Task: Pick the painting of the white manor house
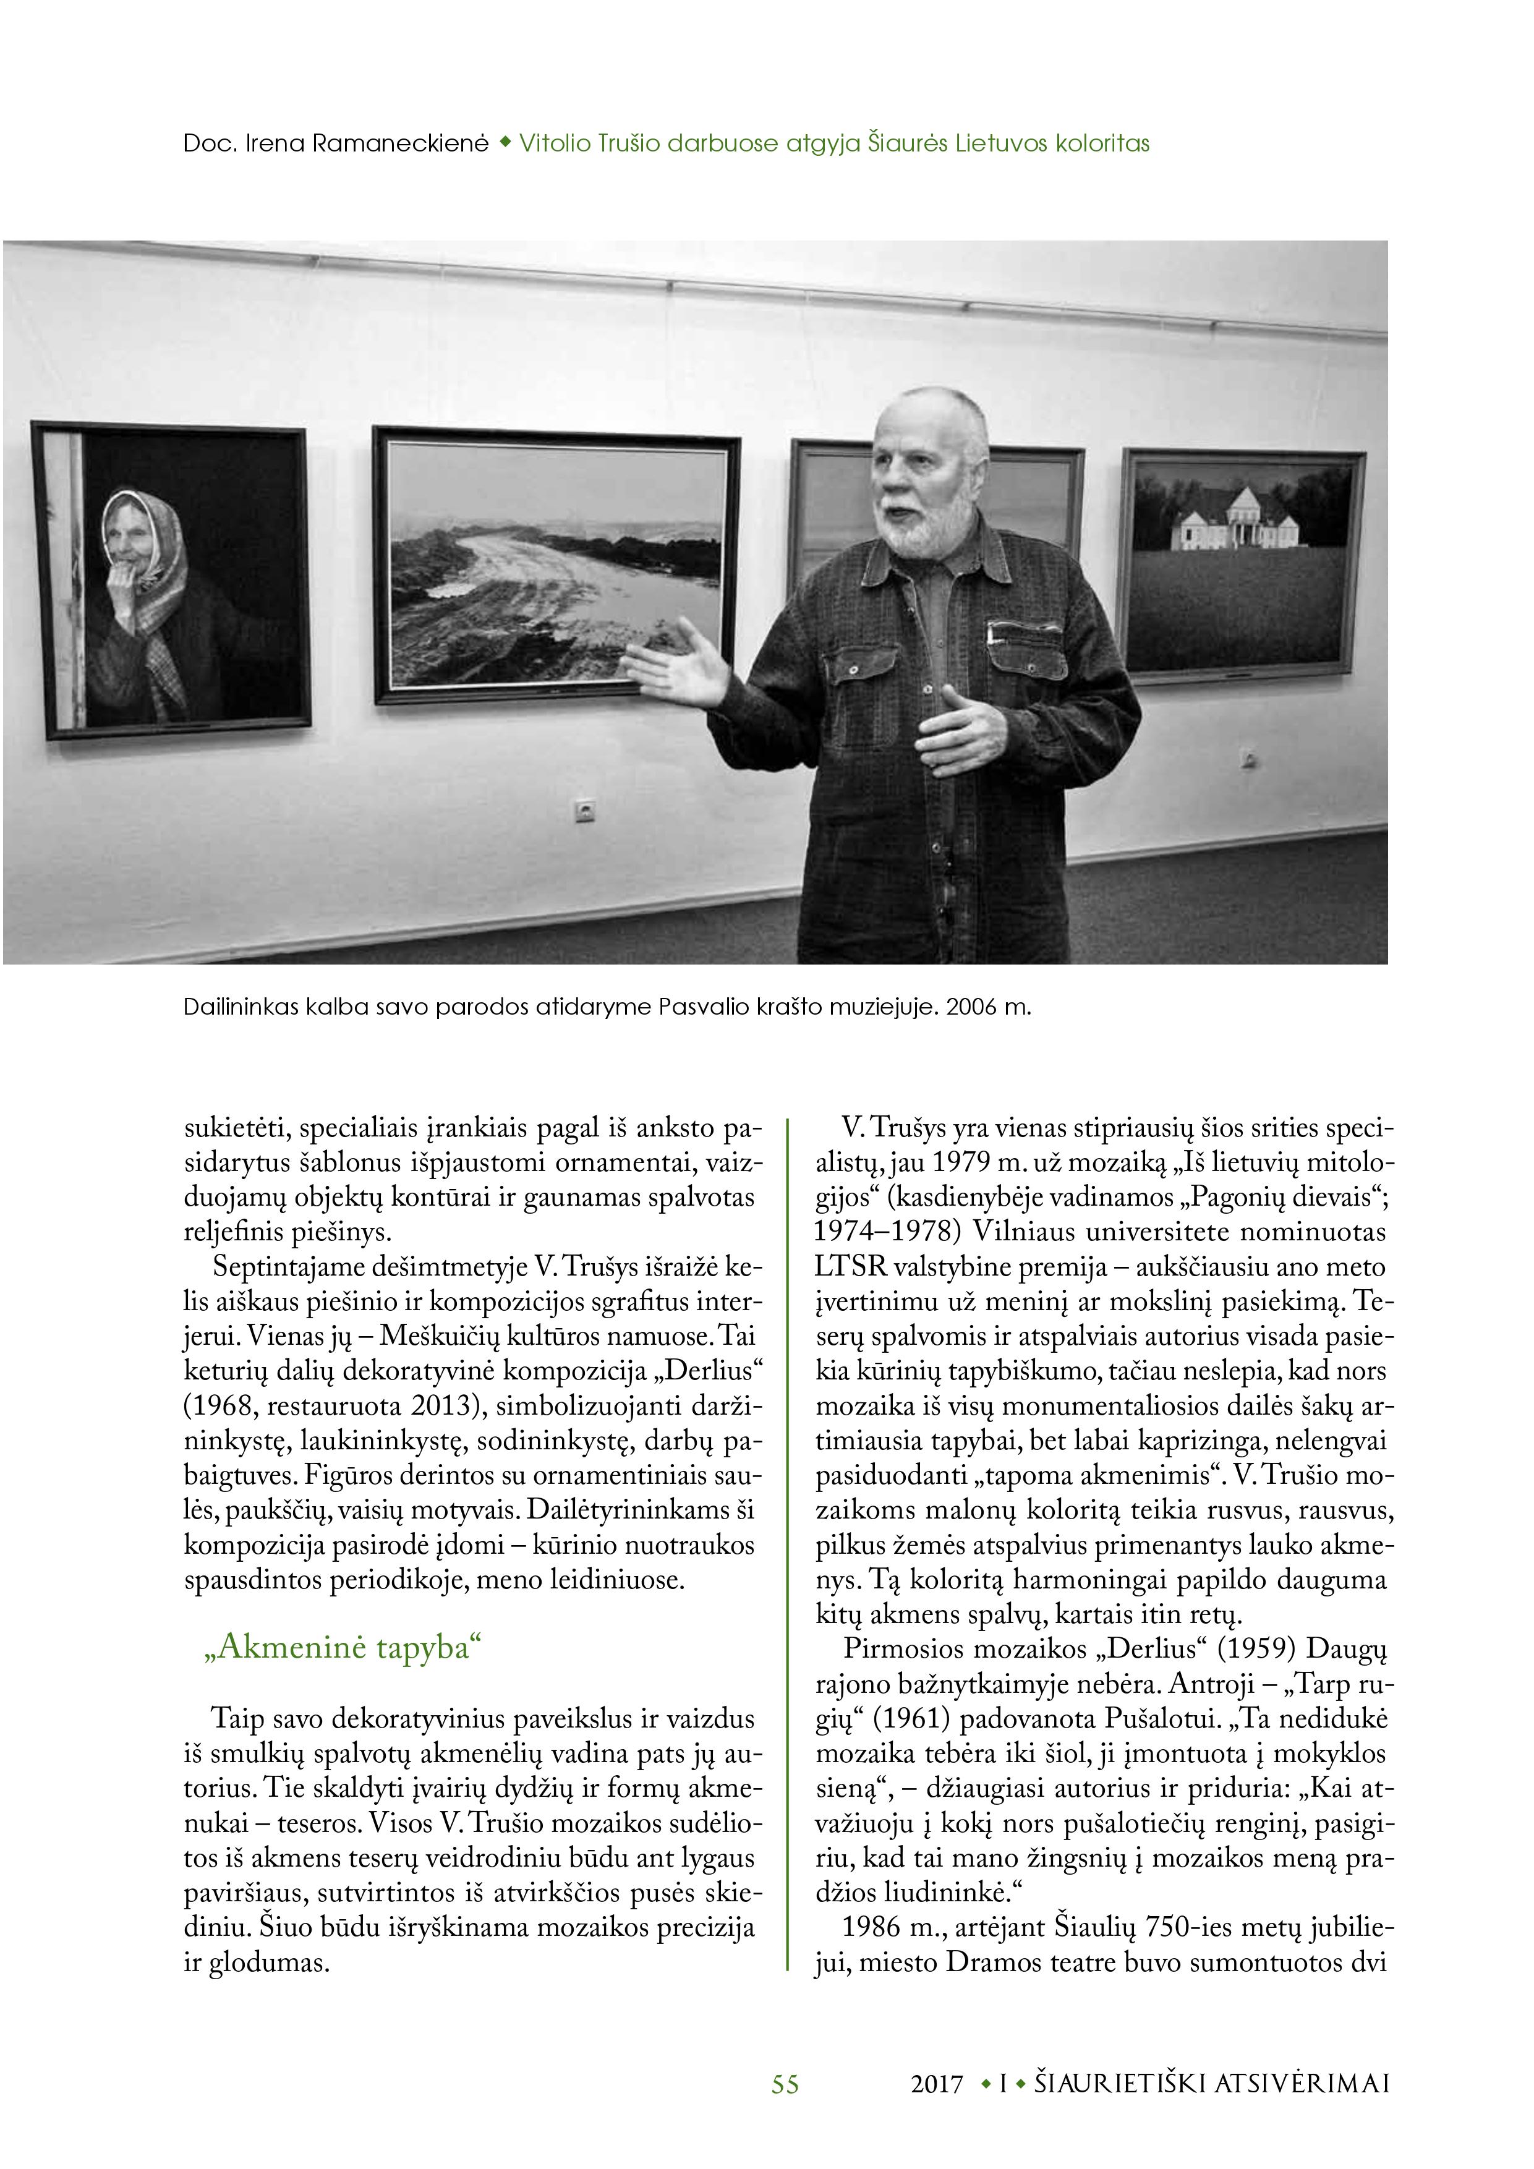click(1243, 563)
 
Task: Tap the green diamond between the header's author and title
click(505, 143)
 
